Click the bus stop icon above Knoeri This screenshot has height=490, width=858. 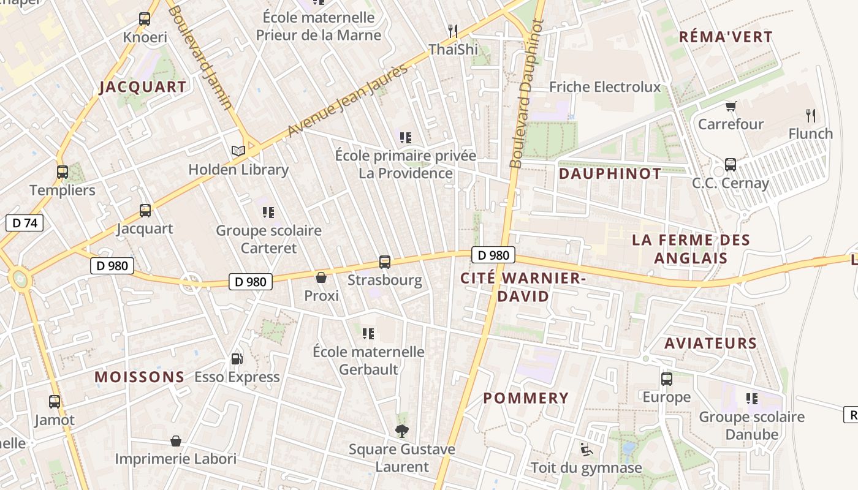(145, 19)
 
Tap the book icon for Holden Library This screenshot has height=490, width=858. (238, 151)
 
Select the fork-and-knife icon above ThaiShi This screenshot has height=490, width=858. (453, 30)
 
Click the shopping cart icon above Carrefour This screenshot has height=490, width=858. (731, 106)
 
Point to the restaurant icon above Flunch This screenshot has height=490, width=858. (811, 115)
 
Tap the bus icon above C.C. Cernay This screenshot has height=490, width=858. (731, 164)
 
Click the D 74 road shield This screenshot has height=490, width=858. (25, 223)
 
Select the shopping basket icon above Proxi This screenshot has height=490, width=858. (321, 277)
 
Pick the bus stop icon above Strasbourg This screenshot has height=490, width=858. (385, 262)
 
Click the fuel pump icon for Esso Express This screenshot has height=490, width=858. (237, 359)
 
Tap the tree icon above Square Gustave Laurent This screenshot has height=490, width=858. (402, 431)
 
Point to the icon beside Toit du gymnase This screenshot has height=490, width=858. (587, 450)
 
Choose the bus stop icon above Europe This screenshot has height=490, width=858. (667, 379)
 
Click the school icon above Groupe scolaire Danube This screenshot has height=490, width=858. (752, 399)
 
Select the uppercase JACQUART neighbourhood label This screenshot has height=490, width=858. (143, 87)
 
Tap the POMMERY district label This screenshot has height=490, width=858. (526, 398)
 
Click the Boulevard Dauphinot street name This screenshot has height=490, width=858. (526, 93)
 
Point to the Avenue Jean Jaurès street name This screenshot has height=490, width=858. (347, 100)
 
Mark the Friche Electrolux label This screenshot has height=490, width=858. (605, 87)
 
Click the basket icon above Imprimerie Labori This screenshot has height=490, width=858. (176, 441)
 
